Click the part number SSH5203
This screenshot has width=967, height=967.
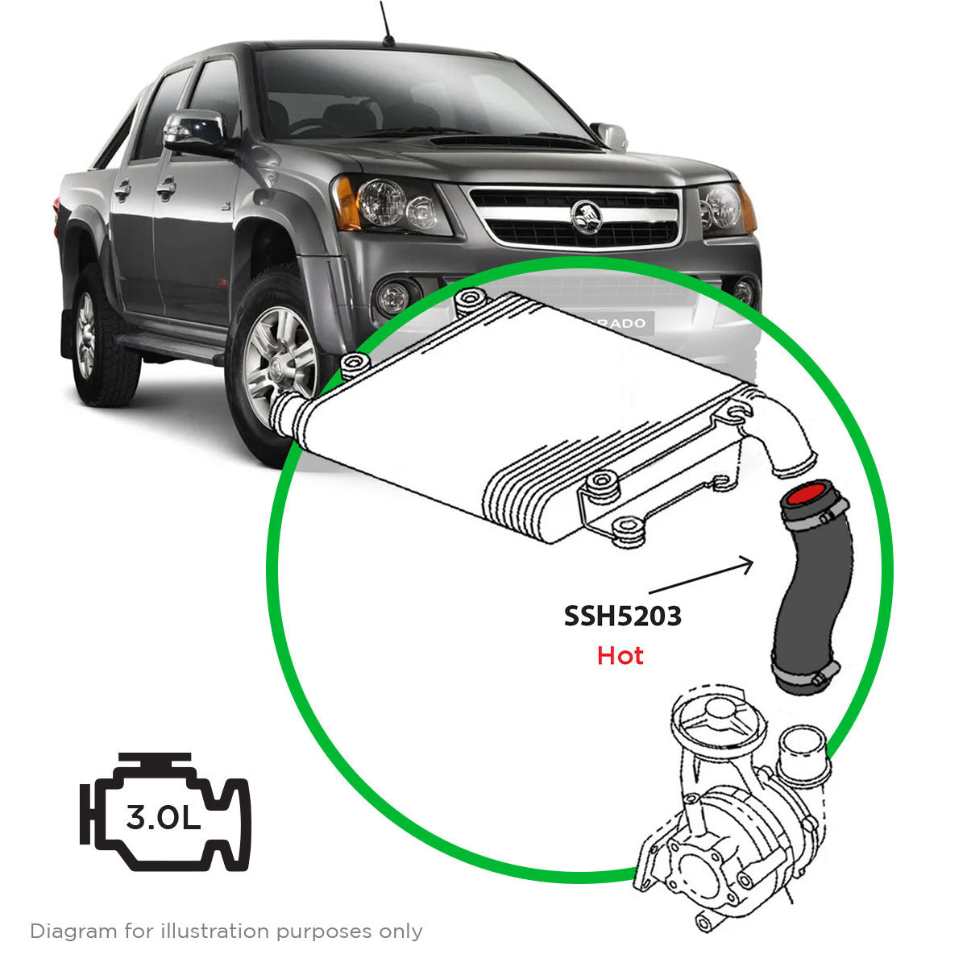(x=622, y=616)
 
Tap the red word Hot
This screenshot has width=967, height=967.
(x=620, y=656)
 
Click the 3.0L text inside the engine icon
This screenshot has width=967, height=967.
(x=163, y=819)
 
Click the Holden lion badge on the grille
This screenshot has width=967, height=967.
(x=585, y=216)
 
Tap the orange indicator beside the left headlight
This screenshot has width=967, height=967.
(x=347, y=202)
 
